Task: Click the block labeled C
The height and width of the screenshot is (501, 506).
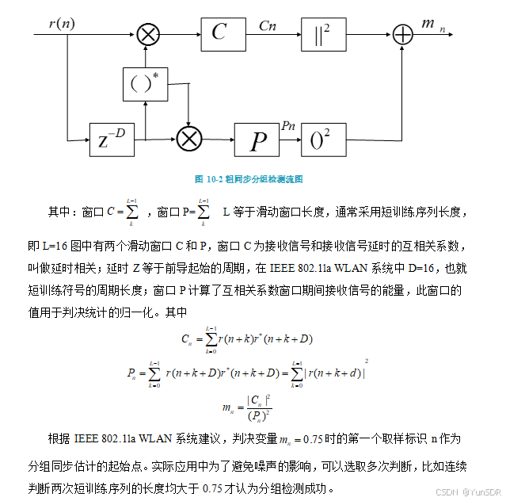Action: point(219,33)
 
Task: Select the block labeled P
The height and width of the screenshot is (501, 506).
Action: point(258,140)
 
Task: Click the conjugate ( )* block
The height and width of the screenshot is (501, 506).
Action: point(145,83)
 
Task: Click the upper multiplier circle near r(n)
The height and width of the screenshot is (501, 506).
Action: point(147,33)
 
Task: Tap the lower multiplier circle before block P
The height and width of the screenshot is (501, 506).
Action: point(188,140)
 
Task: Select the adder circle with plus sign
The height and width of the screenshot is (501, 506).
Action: point(403,33)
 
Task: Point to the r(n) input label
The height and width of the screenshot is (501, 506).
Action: point(62,23)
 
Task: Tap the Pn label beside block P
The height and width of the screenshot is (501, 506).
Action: point(288,125)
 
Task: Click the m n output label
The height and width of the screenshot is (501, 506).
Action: point(431,25)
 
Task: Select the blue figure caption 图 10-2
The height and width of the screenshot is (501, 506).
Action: point(249,179)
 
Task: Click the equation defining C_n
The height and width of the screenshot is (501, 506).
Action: point(247,338)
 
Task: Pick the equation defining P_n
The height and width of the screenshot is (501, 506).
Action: point(247,371)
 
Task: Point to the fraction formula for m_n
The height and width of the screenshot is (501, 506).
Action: point(248,407)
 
